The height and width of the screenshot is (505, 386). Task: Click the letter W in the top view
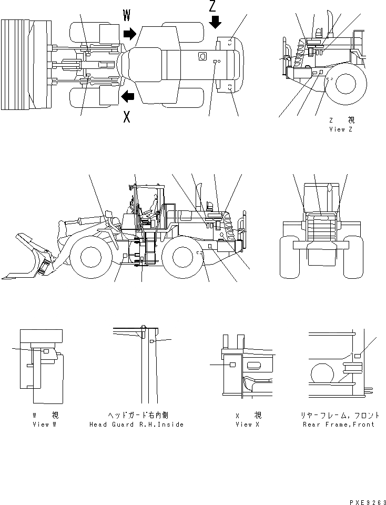click(x=127, y=16)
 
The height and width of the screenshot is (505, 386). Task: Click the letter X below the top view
click(x=127, y=117)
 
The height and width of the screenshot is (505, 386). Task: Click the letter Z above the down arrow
click(x=212, y=7)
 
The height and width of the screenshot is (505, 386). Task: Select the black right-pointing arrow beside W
click(x=129, y=34)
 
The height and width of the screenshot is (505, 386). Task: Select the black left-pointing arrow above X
click(x=127, y=96)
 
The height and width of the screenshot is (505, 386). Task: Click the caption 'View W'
click(x=44, y=425)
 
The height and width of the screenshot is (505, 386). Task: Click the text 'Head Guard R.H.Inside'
click(x=136, y=425)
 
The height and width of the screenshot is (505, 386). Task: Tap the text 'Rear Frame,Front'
click(x=338, y=425)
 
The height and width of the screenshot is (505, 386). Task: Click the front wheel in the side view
click(x=90, y=256)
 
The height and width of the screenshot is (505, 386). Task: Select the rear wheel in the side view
click(x=182, y=256)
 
